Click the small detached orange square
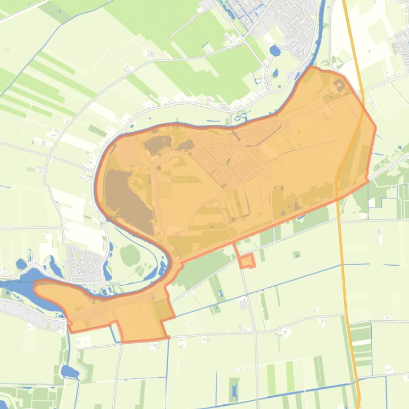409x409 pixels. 246,261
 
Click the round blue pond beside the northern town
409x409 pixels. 275,51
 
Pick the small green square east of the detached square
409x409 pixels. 296,254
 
